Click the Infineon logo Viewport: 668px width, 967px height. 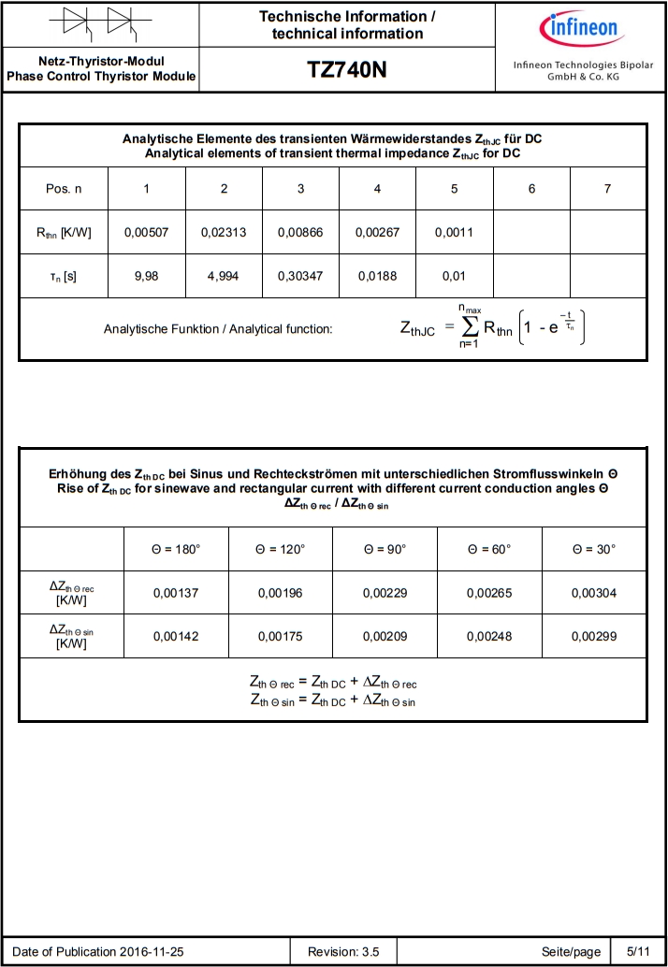[x=581, y=28]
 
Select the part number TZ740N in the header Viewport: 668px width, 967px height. [x=346, y=71]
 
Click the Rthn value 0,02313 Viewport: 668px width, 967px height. [x=224, y=232]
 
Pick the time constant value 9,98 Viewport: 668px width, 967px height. [x=146, y=277]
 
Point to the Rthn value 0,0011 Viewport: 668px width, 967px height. [x=454, y=232]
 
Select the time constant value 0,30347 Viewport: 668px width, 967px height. [x=300, y=277]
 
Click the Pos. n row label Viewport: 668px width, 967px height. [x=64, y=189]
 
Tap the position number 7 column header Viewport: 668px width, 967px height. [x=607, y=189]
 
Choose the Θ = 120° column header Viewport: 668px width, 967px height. [x=281, y=549]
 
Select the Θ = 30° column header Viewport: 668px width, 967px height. [x=594, y=549]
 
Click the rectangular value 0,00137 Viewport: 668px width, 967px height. [x=176, y=593]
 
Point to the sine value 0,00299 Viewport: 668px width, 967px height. [x=594, y=637]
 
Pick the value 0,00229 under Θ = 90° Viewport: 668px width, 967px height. [x=385, y=593]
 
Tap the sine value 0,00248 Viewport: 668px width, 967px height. [x=489, y=637]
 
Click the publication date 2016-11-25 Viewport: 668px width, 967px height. [x=152, y=952]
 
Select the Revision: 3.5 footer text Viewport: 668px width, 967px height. [x=344, y=952]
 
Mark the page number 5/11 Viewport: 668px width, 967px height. [x=637, y=952]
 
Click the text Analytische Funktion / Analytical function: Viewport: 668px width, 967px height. [x=218, y=328]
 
